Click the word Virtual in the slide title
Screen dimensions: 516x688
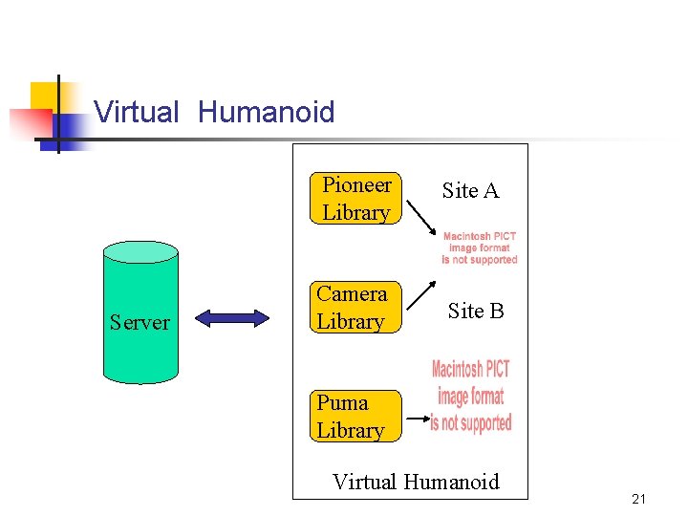click(137, 113)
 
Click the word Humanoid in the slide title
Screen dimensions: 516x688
click(266, 113)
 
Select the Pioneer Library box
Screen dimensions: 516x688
click(355, 198)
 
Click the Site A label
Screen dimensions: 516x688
click(470, 191)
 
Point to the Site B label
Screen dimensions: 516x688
click(475, 311)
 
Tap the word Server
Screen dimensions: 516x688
click(140, 323)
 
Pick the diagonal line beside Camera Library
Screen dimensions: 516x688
click(421, 296)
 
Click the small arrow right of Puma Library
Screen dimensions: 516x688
click(415, 419)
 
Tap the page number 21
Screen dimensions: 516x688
click(639, 499)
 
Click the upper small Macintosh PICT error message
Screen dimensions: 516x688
click(480, 247)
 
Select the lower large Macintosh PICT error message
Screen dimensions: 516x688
click(470, 396)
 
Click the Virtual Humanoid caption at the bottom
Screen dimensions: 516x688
click(416, 482)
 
